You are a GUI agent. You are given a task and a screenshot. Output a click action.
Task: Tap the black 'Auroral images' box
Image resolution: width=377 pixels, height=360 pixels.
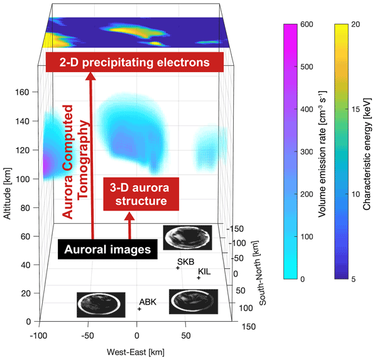[x=109, y=249]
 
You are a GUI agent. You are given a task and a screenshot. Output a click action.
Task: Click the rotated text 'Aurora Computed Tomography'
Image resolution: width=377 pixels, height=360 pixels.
[x=75, y=160]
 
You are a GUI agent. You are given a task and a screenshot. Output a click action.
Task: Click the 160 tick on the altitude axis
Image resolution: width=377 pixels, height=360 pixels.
[x=23, y=92]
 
